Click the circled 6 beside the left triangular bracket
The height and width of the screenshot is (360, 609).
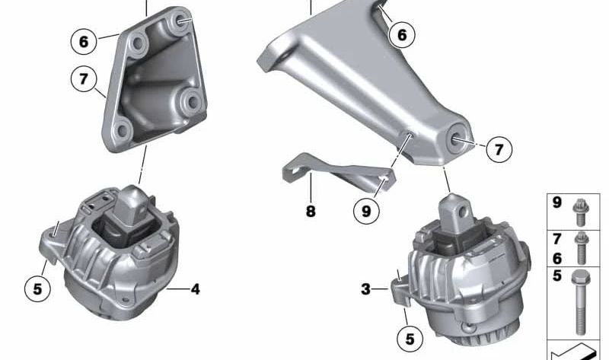[84, 40]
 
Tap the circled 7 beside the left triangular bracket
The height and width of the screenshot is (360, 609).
[84, 79]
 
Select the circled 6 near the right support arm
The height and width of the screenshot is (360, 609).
[402, 34]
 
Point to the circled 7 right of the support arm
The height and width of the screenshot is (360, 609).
[498, 150]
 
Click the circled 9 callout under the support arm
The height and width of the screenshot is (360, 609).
[366, 212]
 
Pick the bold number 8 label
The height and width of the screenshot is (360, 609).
[311, 212]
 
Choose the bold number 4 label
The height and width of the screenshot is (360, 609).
[196, 289]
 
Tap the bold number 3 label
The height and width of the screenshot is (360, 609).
[366, 289]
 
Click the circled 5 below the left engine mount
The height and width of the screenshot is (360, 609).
[37, 288]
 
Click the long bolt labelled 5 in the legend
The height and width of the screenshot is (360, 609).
[580, 301]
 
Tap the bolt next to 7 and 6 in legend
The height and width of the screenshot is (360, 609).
[582, 247]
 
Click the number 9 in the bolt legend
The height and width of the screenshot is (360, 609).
[557, 203]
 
